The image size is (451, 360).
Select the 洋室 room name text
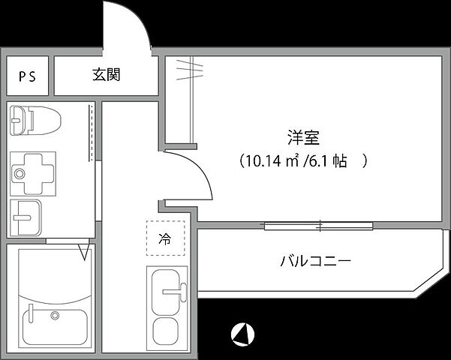(x=304, y=137)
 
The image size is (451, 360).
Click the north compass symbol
(x=243, y=332)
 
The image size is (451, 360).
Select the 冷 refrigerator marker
(x=164, y=240)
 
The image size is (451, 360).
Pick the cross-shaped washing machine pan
(x=31, y=171)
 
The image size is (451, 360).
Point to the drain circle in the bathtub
(x=54, y=315)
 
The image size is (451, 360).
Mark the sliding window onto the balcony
(x=318, y=224)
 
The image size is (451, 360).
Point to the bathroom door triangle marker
(x=83, y=249)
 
